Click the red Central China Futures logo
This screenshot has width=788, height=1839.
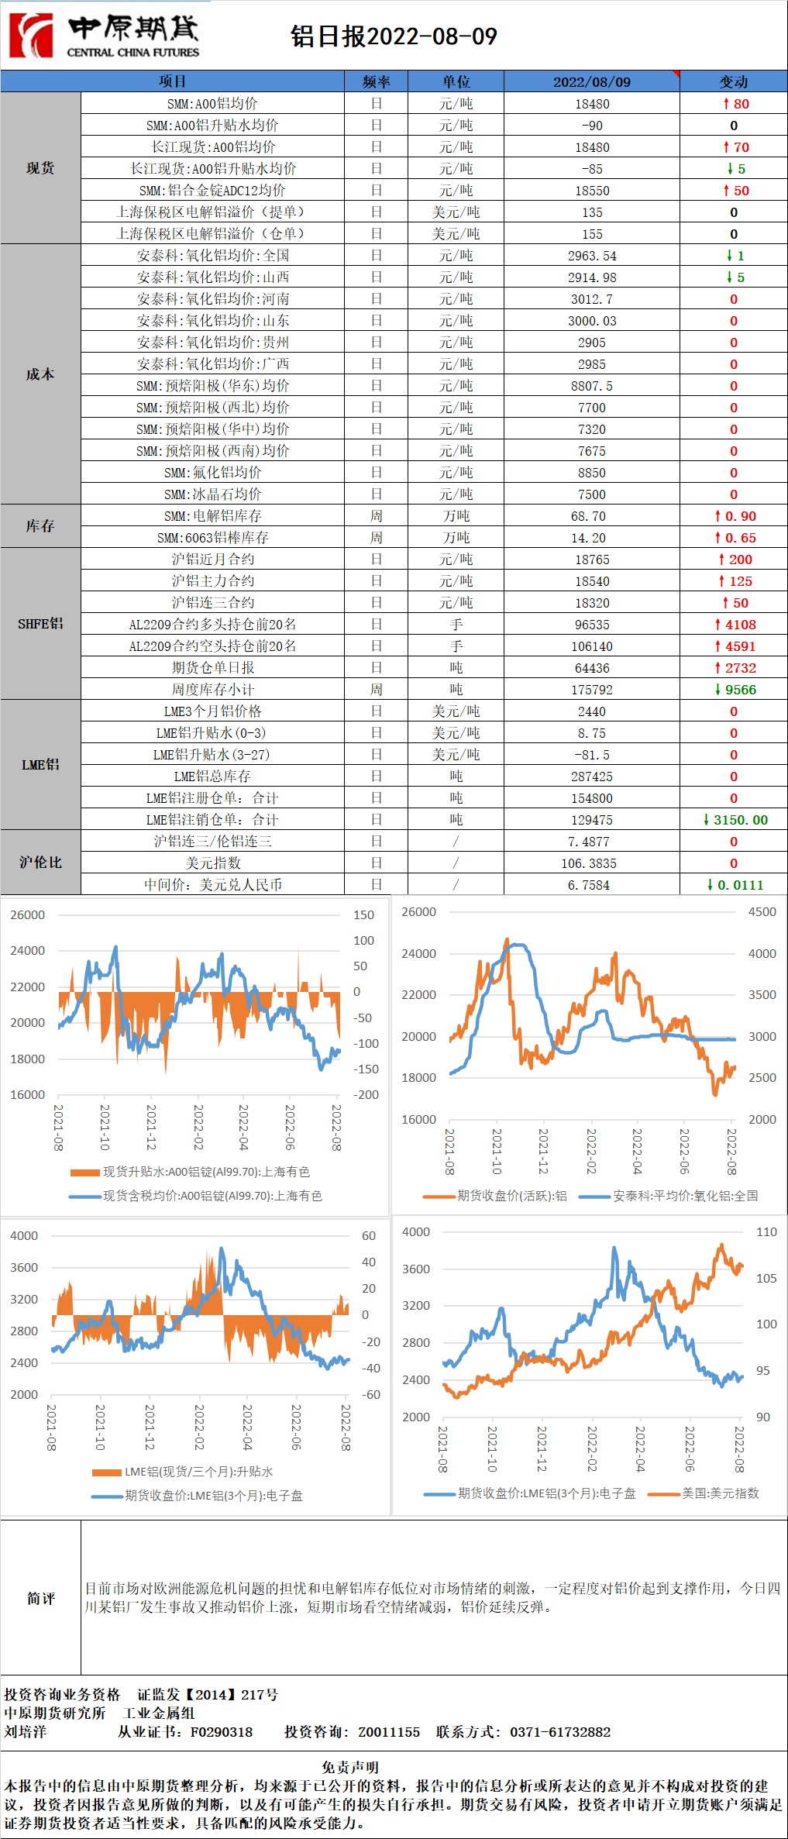tap(31, 36)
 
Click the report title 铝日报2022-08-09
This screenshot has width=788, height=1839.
tap(394, 36)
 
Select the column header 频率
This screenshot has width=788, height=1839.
tap(376, 81)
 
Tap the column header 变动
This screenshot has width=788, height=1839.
tap(733, 81)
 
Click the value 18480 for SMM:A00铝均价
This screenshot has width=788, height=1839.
tap(592, 104)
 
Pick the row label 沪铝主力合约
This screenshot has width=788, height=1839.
tap(212, 581)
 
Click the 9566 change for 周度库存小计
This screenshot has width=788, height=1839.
tap(735, 690)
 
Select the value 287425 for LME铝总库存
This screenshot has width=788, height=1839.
tap(592, 777)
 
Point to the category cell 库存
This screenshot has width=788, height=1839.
tap(40, 526)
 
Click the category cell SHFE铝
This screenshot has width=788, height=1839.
tap(40, 624)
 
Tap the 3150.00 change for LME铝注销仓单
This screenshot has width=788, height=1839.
tap(735, 820)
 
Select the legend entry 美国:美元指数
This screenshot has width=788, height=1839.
tap(720, 1493)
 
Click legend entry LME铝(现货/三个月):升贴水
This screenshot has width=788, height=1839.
tap(198, 1472)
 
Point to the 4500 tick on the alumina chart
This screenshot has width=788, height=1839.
tap(762, 912)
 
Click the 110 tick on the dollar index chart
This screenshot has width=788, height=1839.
tap(766, 1232)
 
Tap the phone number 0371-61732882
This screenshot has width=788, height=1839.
tap(559, 1732)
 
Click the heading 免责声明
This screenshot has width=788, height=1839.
tap(350, 1768)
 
